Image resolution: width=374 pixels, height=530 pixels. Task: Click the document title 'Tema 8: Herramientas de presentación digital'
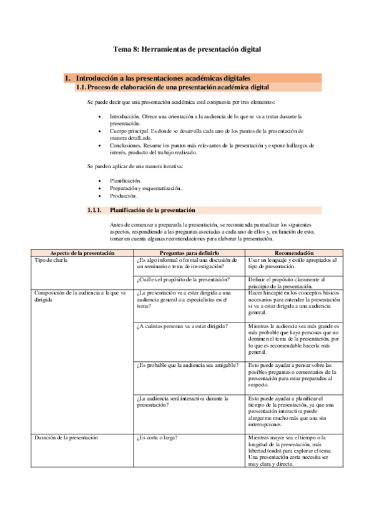pos(187,48)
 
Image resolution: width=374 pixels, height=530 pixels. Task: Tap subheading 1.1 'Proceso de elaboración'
pos(176,87)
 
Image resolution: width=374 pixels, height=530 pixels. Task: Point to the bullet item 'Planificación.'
pos(125,180)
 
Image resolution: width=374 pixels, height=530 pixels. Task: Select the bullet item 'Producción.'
pos(124,195)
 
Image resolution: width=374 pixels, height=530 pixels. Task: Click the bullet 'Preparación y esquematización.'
pos(145,187)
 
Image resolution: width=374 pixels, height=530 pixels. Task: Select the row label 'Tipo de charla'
pos(51,260)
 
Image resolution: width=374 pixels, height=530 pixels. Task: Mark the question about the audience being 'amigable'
pos(186,364)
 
